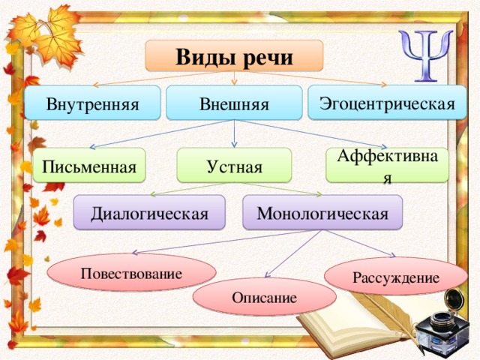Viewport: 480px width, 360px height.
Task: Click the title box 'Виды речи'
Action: pos(234,55)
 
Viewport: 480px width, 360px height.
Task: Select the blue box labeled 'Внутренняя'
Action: pos(92,103)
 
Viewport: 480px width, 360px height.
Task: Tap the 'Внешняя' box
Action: pos(234,103)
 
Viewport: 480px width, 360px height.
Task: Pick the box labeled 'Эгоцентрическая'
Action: pos(387,103)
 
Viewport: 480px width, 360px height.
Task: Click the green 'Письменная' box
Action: pos(89,166)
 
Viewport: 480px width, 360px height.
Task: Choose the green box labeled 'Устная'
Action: pos(234,165)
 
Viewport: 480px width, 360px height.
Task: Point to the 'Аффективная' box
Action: pos(387,165)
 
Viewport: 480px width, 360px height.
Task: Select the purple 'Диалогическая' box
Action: pos(149,212)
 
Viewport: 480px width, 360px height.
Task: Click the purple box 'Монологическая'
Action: pos(322,212)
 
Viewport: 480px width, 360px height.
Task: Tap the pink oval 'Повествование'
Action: pos(132,272)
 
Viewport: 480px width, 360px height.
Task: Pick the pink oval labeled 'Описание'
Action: pos(265,297)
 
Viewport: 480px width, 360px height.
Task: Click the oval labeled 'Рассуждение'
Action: pos(396,277)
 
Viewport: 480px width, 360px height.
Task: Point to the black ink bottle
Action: pos(442,326)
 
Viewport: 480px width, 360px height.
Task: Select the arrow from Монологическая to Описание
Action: pos(293,253)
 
